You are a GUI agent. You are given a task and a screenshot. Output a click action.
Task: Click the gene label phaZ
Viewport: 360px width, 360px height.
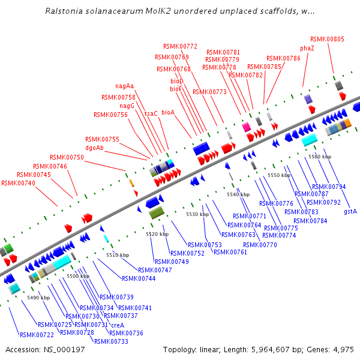pyautogui.click(x=307, y=48)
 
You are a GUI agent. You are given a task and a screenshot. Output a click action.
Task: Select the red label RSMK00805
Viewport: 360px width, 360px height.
pyautogui.click(x=328, y=39)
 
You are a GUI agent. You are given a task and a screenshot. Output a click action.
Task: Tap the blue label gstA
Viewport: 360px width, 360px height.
pyautogui.click(x=350, y=211)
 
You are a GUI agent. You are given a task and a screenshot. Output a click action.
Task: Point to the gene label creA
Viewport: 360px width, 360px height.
pyautogui.click(x=118, y=325)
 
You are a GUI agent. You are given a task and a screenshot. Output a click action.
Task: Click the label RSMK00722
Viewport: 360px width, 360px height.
pyautogui.click(x=37, y=335)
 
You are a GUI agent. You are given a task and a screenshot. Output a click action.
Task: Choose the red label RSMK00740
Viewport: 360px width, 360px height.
pyautogui.click(x=18, y=183)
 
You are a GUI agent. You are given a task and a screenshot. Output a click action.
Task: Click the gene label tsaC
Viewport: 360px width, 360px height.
pyautogui.click(x=151, y=113)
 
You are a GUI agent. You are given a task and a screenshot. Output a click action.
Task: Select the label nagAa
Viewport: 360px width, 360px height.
pyautogui.click(x=125, y=86)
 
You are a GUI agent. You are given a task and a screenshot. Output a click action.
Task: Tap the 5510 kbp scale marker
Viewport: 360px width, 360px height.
pyautogui.click(x=118, y=255)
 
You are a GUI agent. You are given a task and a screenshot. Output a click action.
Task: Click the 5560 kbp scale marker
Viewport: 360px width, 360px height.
pyautogui.click(x=319, y=157)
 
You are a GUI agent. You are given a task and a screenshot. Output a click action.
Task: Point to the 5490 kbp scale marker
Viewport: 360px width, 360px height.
pyautogui.click(x=38, y=298)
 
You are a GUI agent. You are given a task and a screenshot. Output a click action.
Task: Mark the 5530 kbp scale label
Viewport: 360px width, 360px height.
pyautogui.click(x=197, y=214)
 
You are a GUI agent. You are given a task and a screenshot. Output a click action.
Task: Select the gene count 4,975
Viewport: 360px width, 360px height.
pyautogui.click(x=343, y=349)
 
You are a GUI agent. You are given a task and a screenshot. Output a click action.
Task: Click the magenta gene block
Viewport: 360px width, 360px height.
pyautogui.click(x=246, y=127)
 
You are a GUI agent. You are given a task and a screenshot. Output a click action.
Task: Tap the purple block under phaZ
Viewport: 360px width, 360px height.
pyautogui.click(x=308, y=98)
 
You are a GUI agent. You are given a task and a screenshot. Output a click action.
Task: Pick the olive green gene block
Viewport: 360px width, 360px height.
pyautogui.click(x=157, y=212)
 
